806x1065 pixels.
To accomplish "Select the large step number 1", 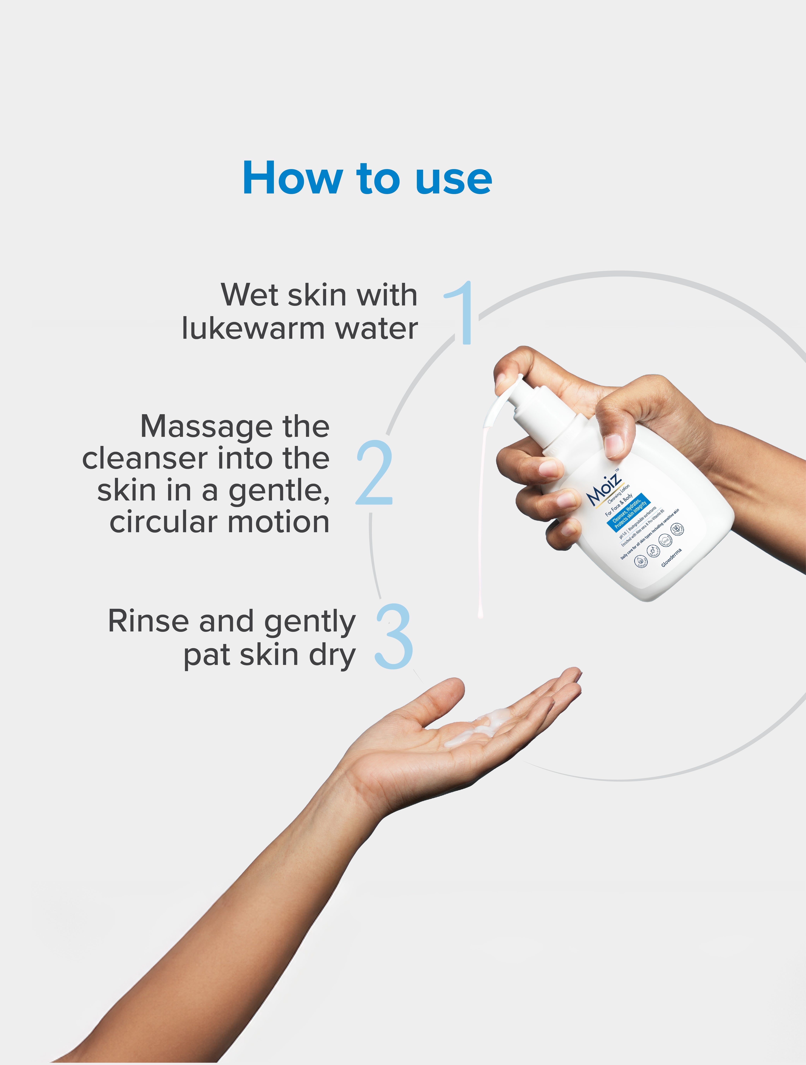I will pos(461,313).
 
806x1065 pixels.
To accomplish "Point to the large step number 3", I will pos(394,636).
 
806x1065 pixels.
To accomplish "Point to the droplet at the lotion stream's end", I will pos(479,613).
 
